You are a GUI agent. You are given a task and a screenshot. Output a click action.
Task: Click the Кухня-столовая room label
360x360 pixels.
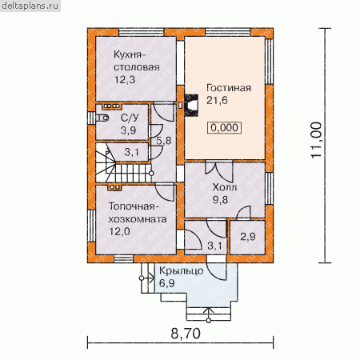click(x=137, y=61)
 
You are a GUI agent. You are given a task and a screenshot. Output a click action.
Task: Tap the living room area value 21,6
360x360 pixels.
click(x=217, y=100)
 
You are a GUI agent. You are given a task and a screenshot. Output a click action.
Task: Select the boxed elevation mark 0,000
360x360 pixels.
click(x=225, y=128)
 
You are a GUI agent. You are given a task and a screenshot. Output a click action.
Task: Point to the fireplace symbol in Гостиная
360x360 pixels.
click(x=191, y=106)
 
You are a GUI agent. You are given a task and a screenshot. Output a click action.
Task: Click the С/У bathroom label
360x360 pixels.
click(x=130, y=118)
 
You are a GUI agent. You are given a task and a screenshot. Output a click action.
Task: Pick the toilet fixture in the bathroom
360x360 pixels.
click(x=102, y=118)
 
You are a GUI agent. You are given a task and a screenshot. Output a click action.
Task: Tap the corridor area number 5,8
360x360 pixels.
click(x=164, y=141)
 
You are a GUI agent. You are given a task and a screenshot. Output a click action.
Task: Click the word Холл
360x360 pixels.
click(x=225, y=187)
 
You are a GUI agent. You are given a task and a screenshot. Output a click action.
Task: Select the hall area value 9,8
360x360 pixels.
click(x=220, y=200)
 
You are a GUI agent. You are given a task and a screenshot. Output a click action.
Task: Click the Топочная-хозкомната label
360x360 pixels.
click(x=138, y=213)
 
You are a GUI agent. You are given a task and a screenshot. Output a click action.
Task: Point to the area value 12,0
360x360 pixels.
click(x=119, y=231)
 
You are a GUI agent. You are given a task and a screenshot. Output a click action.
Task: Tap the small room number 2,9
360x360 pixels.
click(x=248, y=236)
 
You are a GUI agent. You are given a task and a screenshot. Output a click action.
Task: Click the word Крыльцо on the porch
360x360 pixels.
click(x=182, y=271)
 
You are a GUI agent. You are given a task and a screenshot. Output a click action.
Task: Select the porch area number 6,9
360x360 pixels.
click(x=167, y=283)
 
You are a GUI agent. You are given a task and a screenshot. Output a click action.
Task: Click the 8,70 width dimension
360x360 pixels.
click(x=186, y=334)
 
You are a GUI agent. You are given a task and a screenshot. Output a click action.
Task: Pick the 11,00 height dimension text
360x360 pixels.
click(x=316, y=140)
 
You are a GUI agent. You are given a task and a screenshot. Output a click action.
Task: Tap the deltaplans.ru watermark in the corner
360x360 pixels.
click(x=30, y=6)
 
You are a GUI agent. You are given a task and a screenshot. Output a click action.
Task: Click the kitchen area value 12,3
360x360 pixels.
click(x=125, y=79)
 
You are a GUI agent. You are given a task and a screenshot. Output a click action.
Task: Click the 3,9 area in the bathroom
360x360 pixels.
click(x=128, y=130)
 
